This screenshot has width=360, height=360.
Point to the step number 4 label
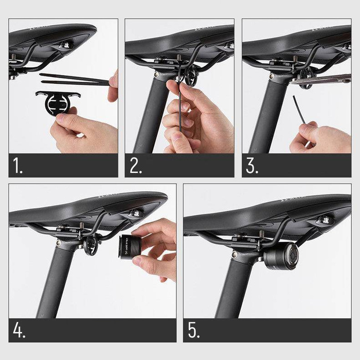click(x=20, y=331)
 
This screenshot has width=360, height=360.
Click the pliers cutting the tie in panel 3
click(x=319, y=79)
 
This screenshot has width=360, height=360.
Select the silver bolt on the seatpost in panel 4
click(x=58, y=240)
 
